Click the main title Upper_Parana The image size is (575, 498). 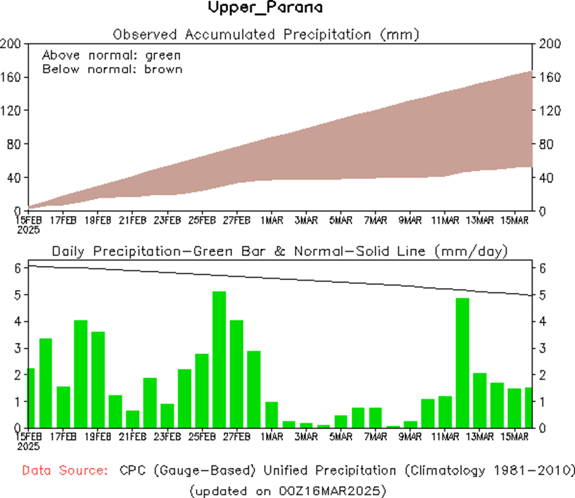click(x=265, y=9)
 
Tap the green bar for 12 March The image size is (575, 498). click(x=463, y=363)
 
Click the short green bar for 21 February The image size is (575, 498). click(x=133, y=419)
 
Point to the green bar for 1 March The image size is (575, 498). click(x=271, y=414)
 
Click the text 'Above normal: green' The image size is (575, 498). click(x=111, y=55)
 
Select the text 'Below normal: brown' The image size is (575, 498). click(x=112, y=69)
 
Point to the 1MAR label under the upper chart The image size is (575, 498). click(x=271, y=220)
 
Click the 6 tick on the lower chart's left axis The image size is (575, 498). click(x=18, y=268)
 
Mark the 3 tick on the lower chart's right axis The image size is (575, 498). click(x=541, y=348)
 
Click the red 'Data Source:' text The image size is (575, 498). click(x=63, y=471)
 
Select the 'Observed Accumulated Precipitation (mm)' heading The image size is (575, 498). click(x=266, y=34)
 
